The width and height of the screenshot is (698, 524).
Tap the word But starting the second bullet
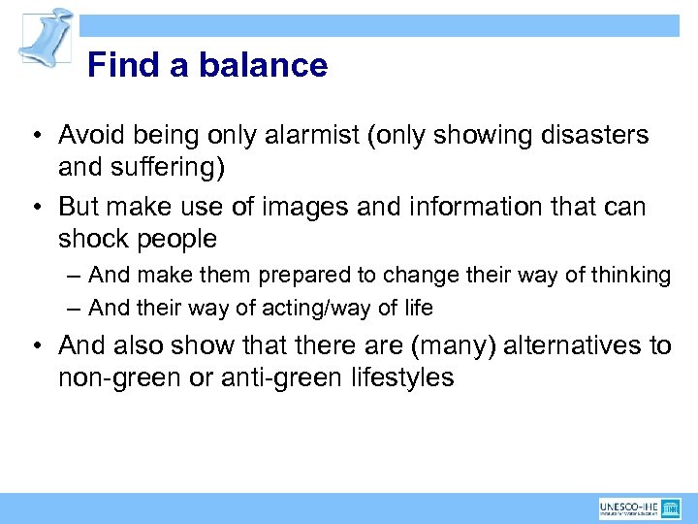click(81, 207)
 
